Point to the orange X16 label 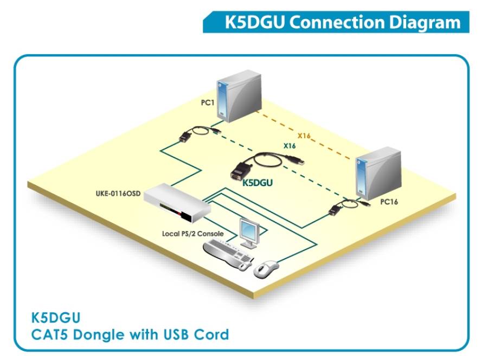pos(304,136)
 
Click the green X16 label pos(290,146)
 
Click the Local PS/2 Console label pos(193,234)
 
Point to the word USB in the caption pos(174,334)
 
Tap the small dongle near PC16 pos(339,209)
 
